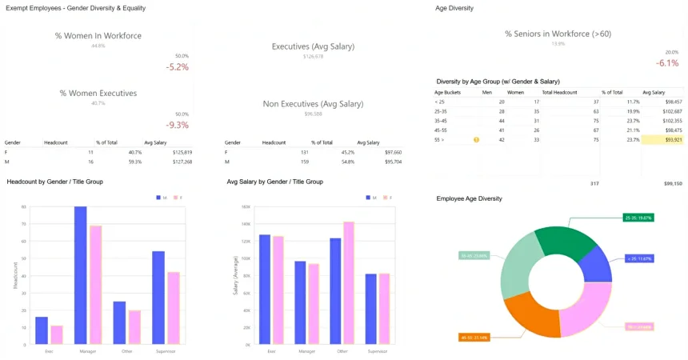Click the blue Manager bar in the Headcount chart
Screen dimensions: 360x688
81,276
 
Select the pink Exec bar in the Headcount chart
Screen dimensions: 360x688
56,335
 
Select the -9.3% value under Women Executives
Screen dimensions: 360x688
177,125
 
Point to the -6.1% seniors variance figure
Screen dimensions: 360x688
667,62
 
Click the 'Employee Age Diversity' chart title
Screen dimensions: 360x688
469,198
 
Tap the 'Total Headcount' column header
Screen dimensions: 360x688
559,92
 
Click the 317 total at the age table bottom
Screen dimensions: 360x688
594,183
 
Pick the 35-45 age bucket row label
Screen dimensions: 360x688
442,121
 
